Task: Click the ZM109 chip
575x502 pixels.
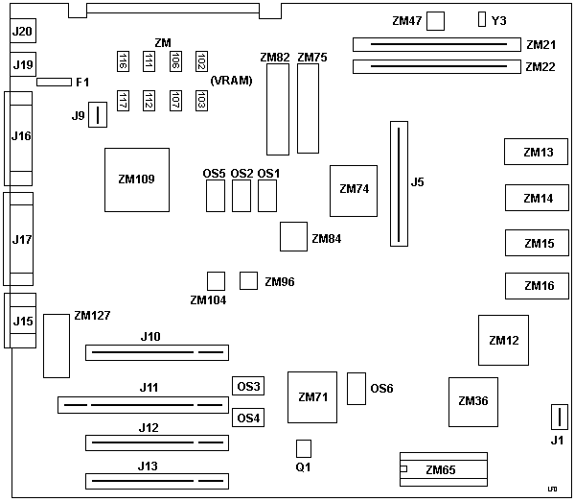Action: click(136, 179)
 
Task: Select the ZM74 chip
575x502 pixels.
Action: click(354, 188)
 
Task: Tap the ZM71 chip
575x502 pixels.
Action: click(312, 396)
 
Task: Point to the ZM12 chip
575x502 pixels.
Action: click(503, 340)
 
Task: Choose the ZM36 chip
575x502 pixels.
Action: click(473, 401)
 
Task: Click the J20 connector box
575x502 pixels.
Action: click(22, 32)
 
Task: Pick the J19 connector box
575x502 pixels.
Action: click(22, 65)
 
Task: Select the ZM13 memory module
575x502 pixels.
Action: click(538, 152)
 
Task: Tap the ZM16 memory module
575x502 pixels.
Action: click(538, 286)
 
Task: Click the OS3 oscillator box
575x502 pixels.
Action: click(249, 387)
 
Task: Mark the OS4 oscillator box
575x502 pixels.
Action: click(249, 418)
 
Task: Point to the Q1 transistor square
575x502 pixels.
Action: click(304, 448)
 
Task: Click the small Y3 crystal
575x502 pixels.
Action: click(483, 19)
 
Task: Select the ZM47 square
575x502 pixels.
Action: click(437, 20)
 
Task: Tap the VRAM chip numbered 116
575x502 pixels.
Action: click(123, 61)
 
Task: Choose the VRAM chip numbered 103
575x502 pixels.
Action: click(201, 100)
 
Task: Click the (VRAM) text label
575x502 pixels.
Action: click(231, 81)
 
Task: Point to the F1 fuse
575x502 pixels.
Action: click(55, 83)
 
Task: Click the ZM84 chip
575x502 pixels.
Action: click(292, 235)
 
